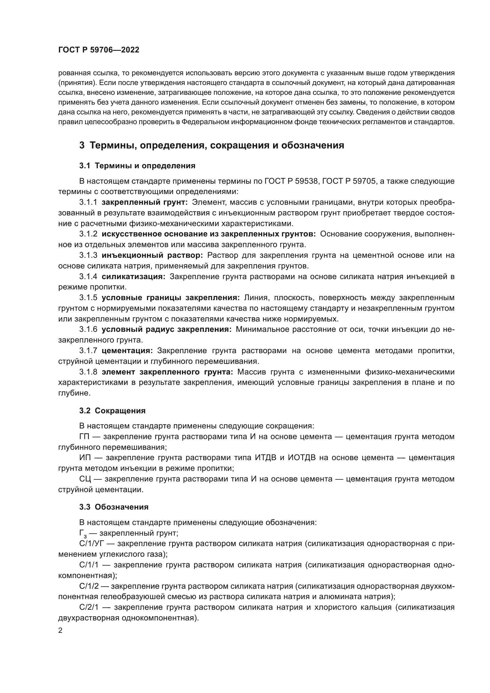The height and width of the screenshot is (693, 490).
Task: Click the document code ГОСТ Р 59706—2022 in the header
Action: [99, 50]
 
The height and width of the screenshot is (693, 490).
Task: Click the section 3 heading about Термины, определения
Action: [211, 145]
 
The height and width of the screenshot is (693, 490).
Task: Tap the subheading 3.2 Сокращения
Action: [112, 411]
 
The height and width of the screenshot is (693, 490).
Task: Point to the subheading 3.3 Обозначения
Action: [114, 507]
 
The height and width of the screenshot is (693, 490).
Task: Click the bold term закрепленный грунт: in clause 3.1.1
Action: [145, 202]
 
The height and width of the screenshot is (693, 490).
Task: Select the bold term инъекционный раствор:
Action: [152, 255]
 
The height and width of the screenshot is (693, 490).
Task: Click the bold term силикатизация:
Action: [133, 277]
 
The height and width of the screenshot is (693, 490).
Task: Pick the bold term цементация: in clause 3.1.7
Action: [127, 351]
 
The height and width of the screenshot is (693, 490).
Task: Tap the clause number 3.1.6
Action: [88, 329]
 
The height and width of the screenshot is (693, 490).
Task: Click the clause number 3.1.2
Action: [88, 234]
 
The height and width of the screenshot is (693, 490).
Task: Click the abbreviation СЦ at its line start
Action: [84, 479]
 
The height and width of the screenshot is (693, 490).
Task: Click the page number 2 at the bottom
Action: [60, 631]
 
